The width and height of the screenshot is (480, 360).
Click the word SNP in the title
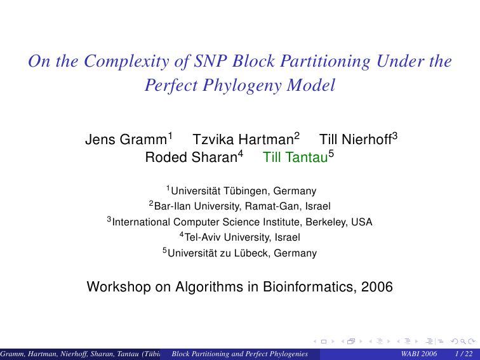[x=210, y=61]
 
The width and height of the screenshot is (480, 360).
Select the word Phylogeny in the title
[x=242, y=86]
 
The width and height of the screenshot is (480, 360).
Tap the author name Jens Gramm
[x=126, y=140]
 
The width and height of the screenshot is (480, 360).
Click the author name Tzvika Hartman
[x=243, y=140]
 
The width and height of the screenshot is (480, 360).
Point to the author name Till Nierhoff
[x=356, y=140]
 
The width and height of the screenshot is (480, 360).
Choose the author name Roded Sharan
[x=191, y=157]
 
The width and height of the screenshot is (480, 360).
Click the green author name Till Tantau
[x=295, y=157]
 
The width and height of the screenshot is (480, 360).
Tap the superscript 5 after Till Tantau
[x=331, y=154]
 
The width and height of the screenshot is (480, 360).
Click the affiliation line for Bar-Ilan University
[x=240, y=206]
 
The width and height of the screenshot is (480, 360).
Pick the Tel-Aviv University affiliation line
[x=240, y=237]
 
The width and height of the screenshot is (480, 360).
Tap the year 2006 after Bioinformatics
[x=377, y=287]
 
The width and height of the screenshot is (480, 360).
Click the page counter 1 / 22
[x=464, y=354]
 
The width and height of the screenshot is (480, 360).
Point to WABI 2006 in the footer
[x=419, y=354]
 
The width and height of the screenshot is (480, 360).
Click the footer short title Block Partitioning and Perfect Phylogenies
[x=240, y=354]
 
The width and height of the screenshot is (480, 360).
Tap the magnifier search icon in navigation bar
[x=463, y=341]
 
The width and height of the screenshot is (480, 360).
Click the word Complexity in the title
[x=126, y=62]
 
